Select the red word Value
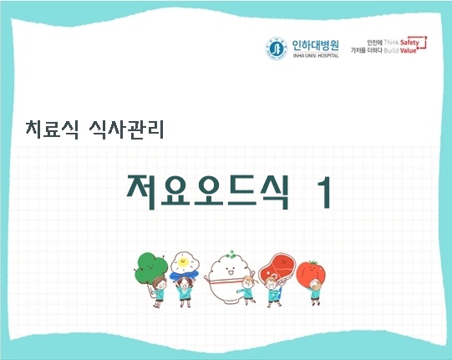point(410,51)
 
